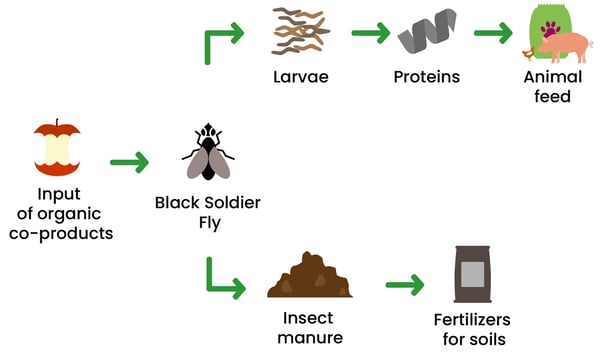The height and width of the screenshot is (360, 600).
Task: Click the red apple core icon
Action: [x=58, y=148]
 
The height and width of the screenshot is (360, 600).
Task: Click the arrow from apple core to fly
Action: [x=129, y=161]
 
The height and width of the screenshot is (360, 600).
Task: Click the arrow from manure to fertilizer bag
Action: [x=404, y=285]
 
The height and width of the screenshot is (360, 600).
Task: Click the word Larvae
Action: [x=302, y=77]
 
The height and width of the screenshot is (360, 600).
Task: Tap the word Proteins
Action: [x=427, y=77]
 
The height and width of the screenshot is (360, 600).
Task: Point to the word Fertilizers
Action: [x=472, y=320]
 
